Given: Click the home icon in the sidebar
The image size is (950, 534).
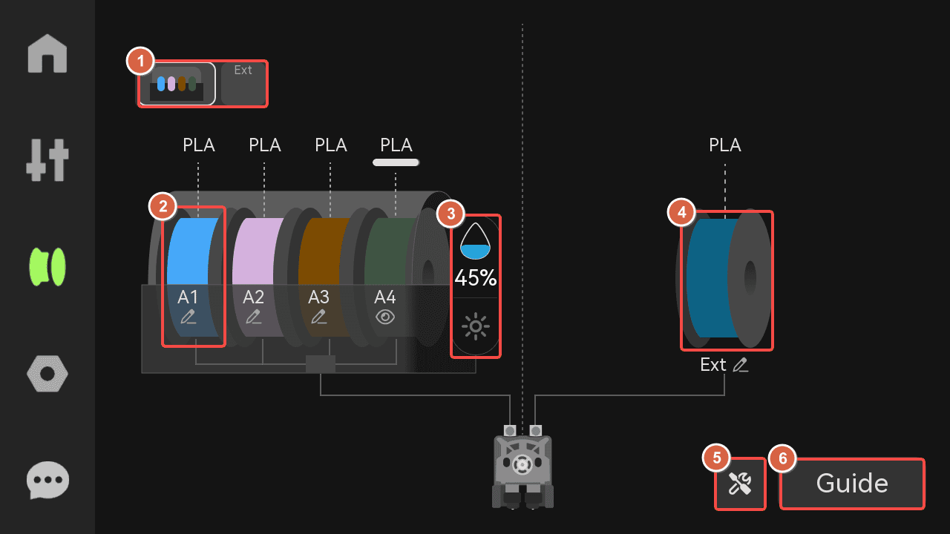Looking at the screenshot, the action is click(47, 53).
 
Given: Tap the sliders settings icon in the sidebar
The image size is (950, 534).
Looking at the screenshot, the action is click(47, 159).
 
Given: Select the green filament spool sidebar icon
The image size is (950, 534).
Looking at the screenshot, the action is click(47, 267).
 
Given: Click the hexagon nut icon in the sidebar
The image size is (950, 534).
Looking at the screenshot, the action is click(47, 374).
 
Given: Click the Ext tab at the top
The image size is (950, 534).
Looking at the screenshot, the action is click(243, 84).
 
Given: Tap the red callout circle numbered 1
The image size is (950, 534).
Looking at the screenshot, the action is click(140, 61).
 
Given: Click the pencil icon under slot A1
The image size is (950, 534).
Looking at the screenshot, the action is click(189, 317).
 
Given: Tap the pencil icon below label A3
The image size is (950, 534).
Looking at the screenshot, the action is click(319, 317).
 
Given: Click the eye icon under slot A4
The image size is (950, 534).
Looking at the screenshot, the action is click(385, 317).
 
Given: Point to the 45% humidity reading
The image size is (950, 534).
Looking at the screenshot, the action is click(476, 278).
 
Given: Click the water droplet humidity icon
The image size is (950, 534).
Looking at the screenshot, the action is click(476, 241).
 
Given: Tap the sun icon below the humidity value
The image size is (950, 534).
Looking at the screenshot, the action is click(476, 326).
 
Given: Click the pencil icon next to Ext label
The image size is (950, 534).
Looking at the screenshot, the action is click(741, 365).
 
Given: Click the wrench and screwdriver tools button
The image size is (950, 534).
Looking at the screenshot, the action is click(740, 484).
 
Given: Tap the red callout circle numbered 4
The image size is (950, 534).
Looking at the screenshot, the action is click(681, 212).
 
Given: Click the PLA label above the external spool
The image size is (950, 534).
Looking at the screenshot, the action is click(725, 145).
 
